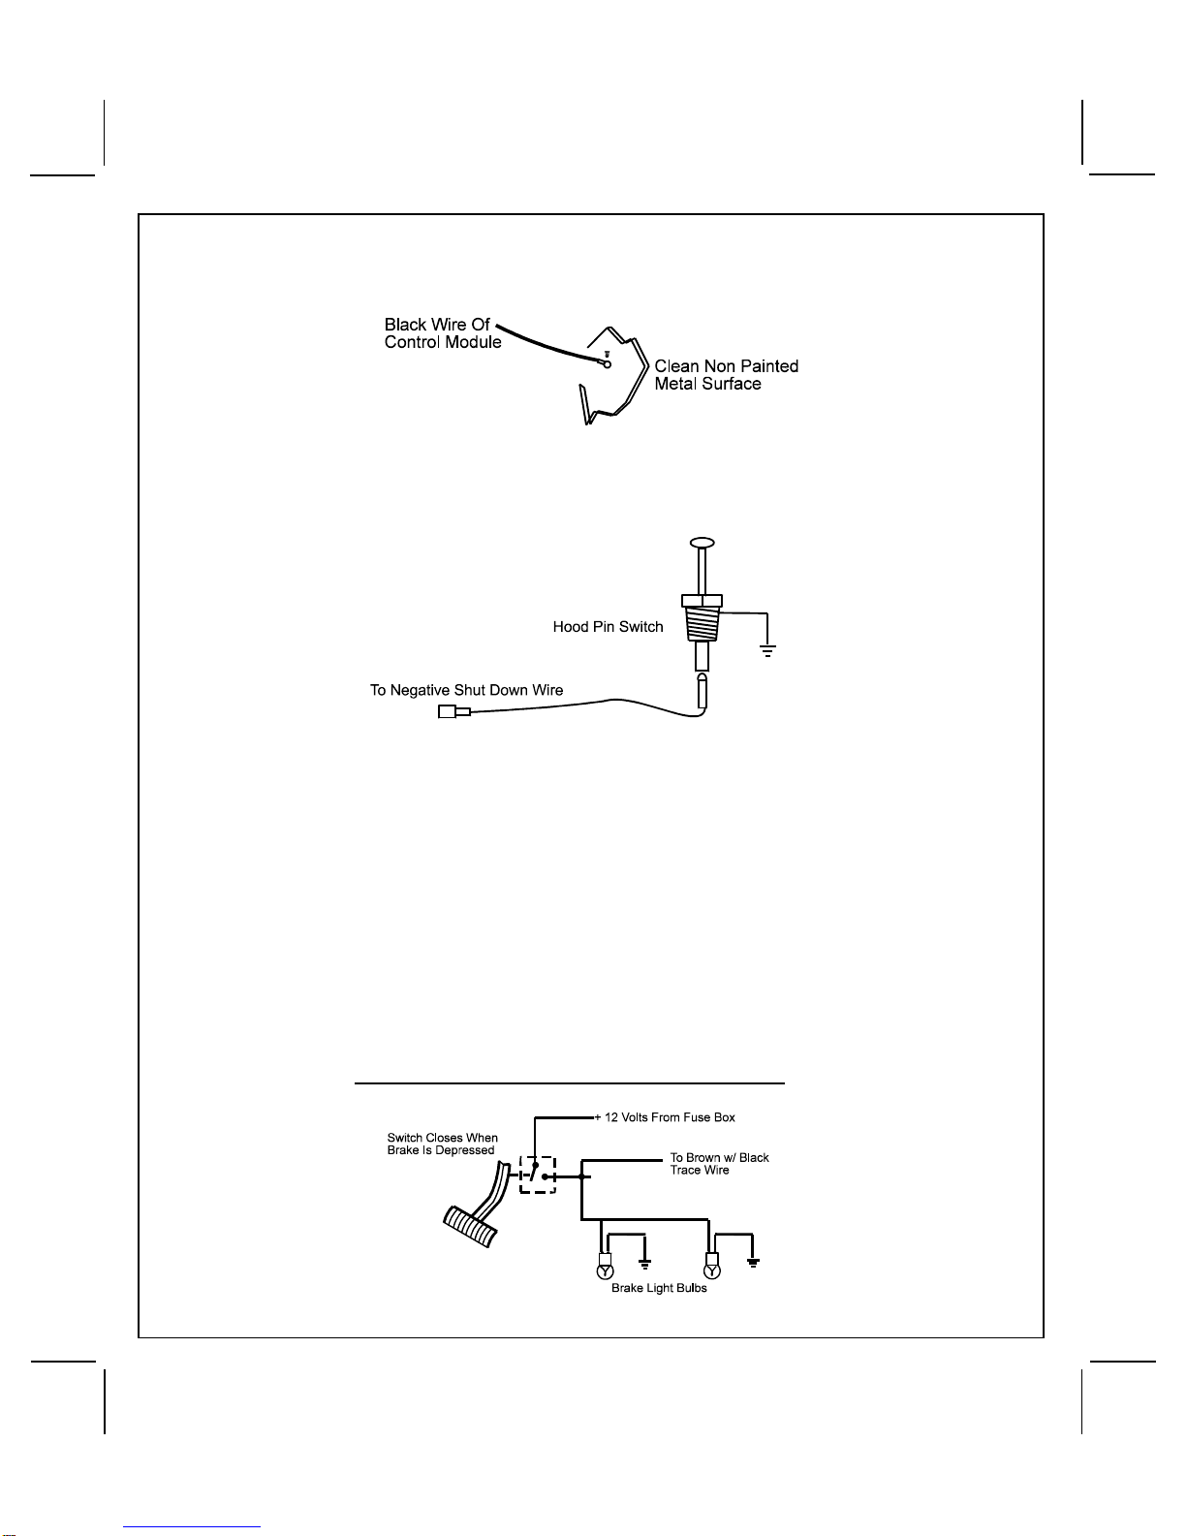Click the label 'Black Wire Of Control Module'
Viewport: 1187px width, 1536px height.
pos(442,333)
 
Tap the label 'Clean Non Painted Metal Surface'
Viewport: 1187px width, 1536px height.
pos(727,375)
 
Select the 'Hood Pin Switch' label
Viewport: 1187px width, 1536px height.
pos(608,626)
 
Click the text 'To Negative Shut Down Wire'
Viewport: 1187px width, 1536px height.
pos(466,690)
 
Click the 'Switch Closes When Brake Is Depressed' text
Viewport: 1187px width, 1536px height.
pos(442,1144)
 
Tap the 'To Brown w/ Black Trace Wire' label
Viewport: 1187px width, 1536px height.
pos(719,1164)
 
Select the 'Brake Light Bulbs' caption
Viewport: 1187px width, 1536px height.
pos(659,1288)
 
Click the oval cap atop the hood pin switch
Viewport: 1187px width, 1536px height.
pos(702,543)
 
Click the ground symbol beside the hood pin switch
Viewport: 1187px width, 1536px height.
pos(767,650)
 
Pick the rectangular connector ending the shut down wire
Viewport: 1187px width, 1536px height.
pos(453,711)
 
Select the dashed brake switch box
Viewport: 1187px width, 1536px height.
pos(538,1175)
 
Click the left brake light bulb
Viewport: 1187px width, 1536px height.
pos(605,1266)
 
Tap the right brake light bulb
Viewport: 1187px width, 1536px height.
pos(712,1266)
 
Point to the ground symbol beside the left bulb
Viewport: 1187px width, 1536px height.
pos(645,1264)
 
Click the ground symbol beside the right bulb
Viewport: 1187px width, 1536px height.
pos(753,1263)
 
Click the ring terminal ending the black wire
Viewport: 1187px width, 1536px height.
pos(607,364)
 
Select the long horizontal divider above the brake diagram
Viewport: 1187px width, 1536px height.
pos(570,1082)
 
